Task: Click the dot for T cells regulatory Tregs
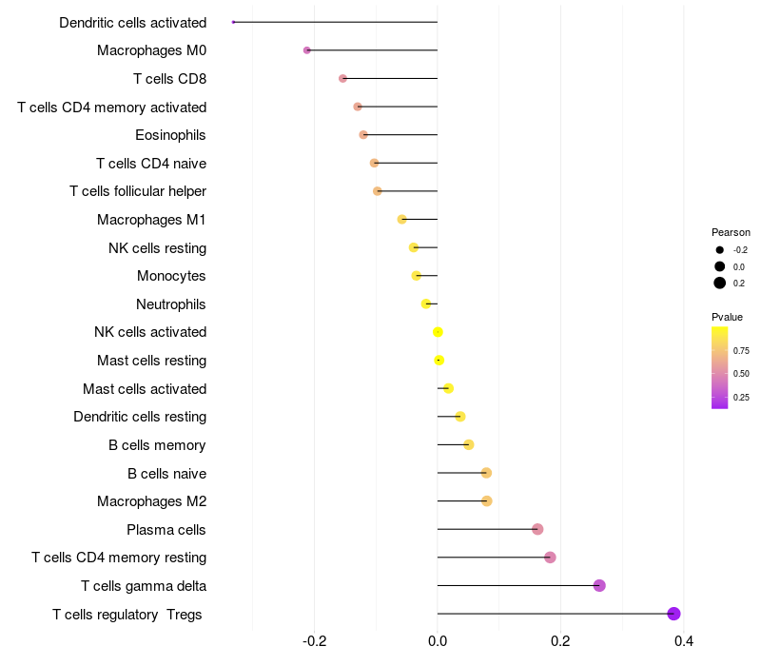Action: click(673, 614)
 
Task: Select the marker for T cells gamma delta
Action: click(599, 585)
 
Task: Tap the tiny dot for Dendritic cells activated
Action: click(233, 22)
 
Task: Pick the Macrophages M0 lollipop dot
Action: click(306, 50)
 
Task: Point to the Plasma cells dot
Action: click(537, 529)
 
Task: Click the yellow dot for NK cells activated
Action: click(438, 332)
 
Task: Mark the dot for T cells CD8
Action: click(342, 79)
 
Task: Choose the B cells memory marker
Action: click(468, 444)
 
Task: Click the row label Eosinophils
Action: click(170, 135)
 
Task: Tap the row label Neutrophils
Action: click(171, 304)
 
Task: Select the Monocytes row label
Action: click(171, 276)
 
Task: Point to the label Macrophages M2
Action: click(152, 501)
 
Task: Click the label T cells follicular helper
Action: click(138, 191)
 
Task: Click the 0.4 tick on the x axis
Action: click(683, 641)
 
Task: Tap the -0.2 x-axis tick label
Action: click(314, 641)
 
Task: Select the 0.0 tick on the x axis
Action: click(438, 641)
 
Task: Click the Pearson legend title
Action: click(731, 232)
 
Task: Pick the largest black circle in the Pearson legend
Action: click(720, 283)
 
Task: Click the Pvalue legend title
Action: click(727, 317)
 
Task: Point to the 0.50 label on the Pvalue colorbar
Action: click(741, 374)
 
